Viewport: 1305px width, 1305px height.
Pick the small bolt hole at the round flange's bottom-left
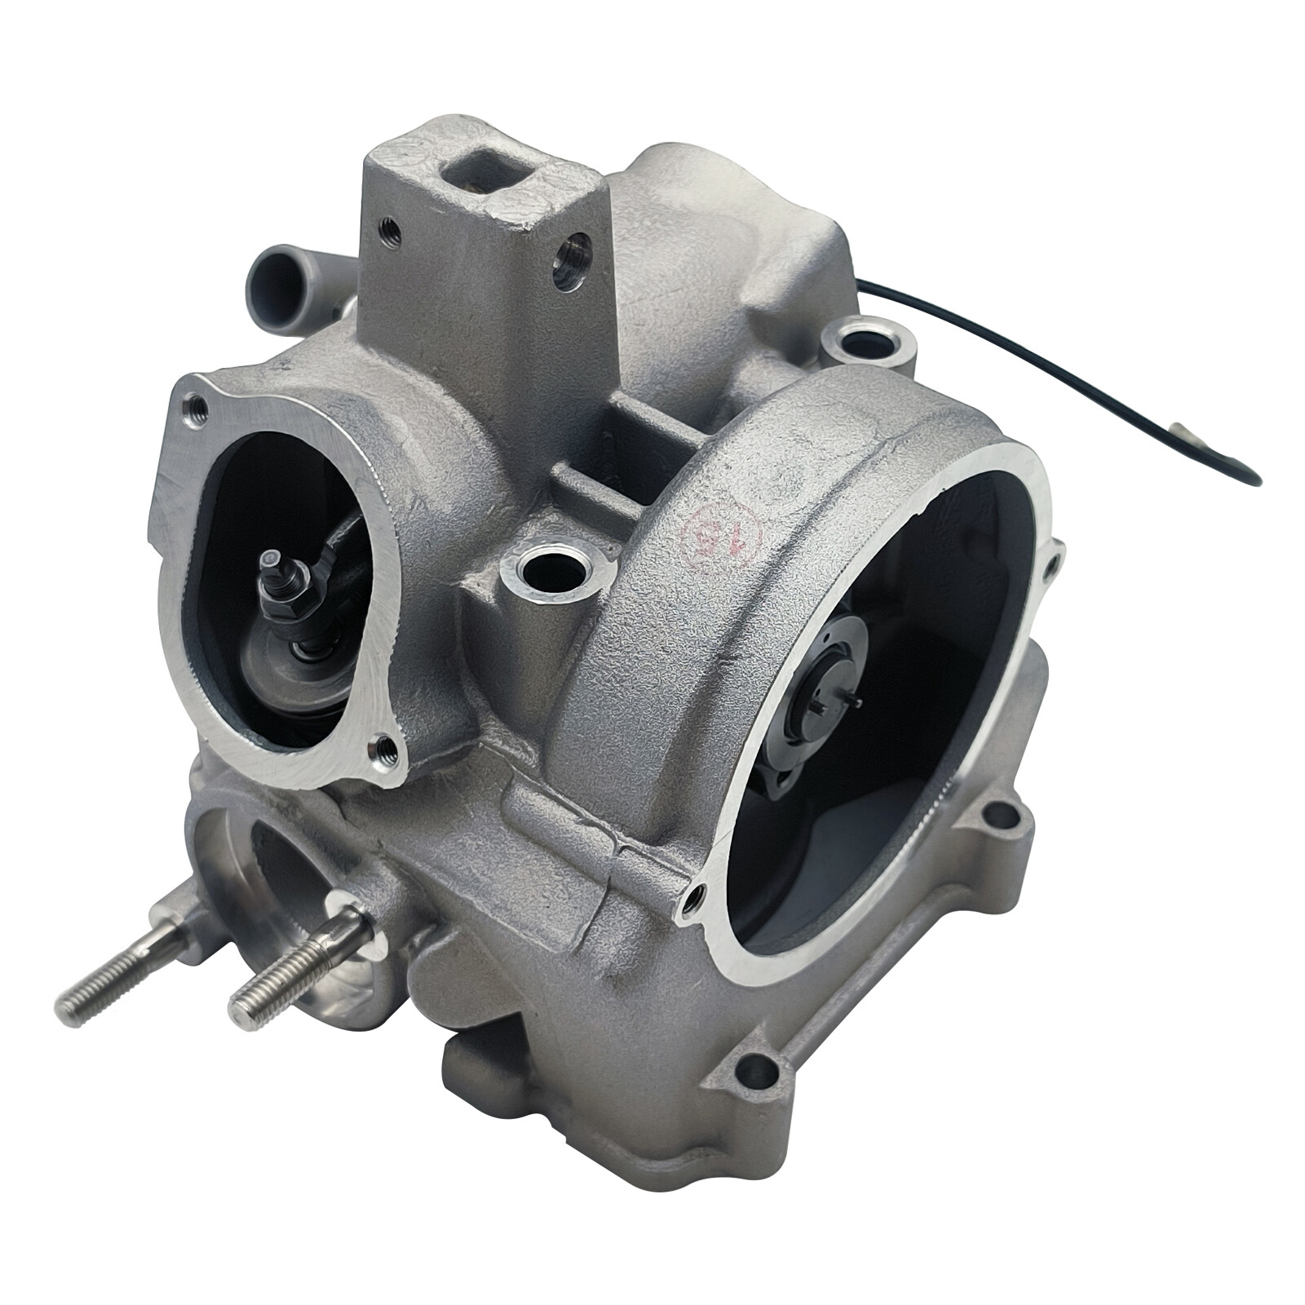coord(695,898)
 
